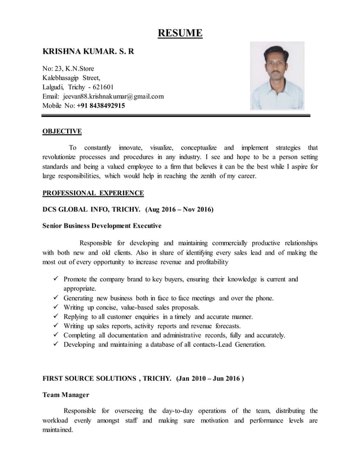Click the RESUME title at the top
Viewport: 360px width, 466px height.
[179, 33]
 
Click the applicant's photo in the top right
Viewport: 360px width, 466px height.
[284, 76]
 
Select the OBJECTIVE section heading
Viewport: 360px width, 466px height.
[63, 131]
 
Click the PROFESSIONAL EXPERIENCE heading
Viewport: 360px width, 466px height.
[94, 193]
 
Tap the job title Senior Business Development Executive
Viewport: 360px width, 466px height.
[102, 226]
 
